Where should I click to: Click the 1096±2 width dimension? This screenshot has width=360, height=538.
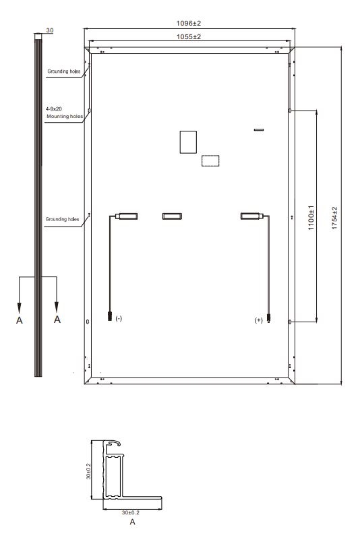pos(188,24)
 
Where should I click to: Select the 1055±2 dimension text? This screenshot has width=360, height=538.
pos(188,36)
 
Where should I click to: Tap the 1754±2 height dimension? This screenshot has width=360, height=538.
pos(334,218)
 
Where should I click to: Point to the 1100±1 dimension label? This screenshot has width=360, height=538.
pos(311,218)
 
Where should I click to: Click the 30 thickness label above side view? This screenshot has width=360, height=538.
pos(50,30)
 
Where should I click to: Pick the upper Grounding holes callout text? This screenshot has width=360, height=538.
pos(64,71)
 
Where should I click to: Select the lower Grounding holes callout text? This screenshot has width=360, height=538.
pos(62,219)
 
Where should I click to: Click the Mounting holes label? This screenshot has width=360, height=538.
pos(65,117)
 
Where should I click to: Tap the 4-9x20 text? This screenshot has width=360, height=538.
pos(54,109)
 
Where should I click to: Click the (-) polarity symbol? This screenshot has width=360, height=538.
pos(119,318)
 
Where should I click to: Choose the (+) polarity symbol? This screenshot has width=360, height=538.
pos(258,320)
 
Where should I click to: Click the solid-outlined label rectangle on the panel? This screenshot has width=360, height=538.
pos(188,142)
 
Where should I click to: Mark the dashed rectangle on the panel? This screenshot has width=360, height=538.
pos(210,160)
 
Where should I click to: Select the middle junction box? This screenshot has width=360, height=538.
pos(172,216)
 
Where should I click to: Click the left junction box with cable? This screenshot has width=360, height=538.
pos(126,216)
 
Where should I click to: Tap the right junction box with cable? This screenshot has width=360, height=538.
pos(252,216)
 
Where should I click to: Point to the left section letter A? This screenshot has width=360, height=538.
pos(20,320)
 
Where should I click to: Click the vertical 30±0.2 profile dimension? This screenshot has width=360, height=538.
pos(88,471)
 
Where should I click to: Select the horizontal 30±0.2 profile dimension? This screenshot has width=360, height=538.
pos(130,512)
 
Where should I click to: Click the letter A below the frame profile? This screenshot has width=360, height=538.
pos(132,522)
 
